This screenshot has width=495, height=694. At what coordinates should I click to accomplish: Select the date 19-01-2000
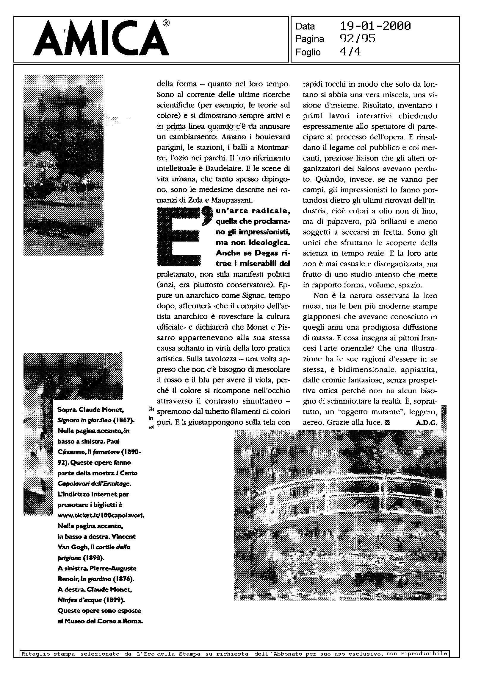(375, 26)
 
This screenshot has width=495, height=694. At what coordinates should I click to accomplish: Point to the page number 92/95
(357, 39)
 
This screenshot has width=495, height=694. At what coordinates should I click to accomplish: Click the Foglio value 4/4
(350, 52)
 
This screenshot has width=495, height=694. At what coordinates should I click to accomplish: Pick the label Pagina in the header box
(310, 39)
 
